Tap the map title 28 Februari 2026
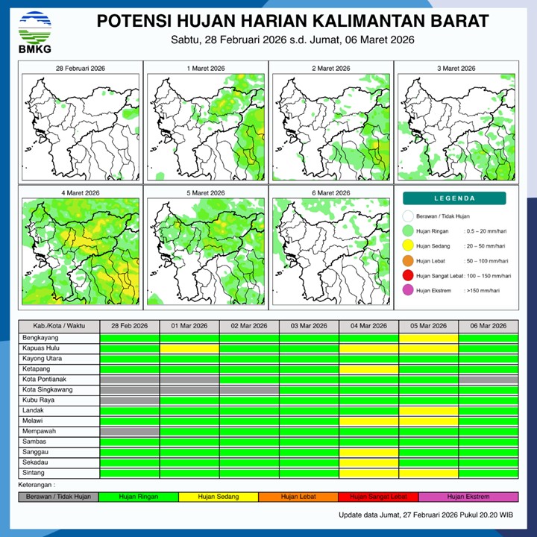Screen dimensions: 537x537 coord(80,68)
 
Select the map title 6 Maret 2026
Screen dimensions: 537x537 coord(330,192)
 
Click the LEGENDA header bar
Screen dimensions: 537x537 coord(454,198)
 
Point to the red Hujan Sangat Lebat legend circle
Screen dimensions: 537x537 coord(408,276)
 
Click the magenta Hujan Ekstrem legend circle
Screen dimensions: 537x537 coord(408,291)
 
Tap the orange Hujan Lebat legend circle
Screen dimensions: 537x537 coord(408,261)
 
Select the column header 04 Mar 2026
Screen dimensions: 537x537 coord(368,327)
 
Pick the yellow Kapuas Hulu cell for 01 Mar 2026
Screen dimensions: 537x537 coord(189,348)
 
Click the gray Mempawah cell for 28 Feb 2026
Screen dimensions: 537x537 coord(130,431)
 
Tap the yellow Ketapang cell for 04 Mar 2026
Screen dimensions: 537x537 coord(368,368)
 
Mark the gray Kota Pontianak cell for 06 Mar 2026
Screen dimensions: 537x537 coord(488,379)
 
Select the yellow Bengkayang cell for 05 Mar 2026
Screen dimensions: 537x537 coord(428,338)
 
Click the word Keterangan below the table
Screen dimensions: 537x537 coord(40,485)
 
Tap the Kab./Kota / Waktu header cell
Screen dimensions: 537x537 coord(59,327)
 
